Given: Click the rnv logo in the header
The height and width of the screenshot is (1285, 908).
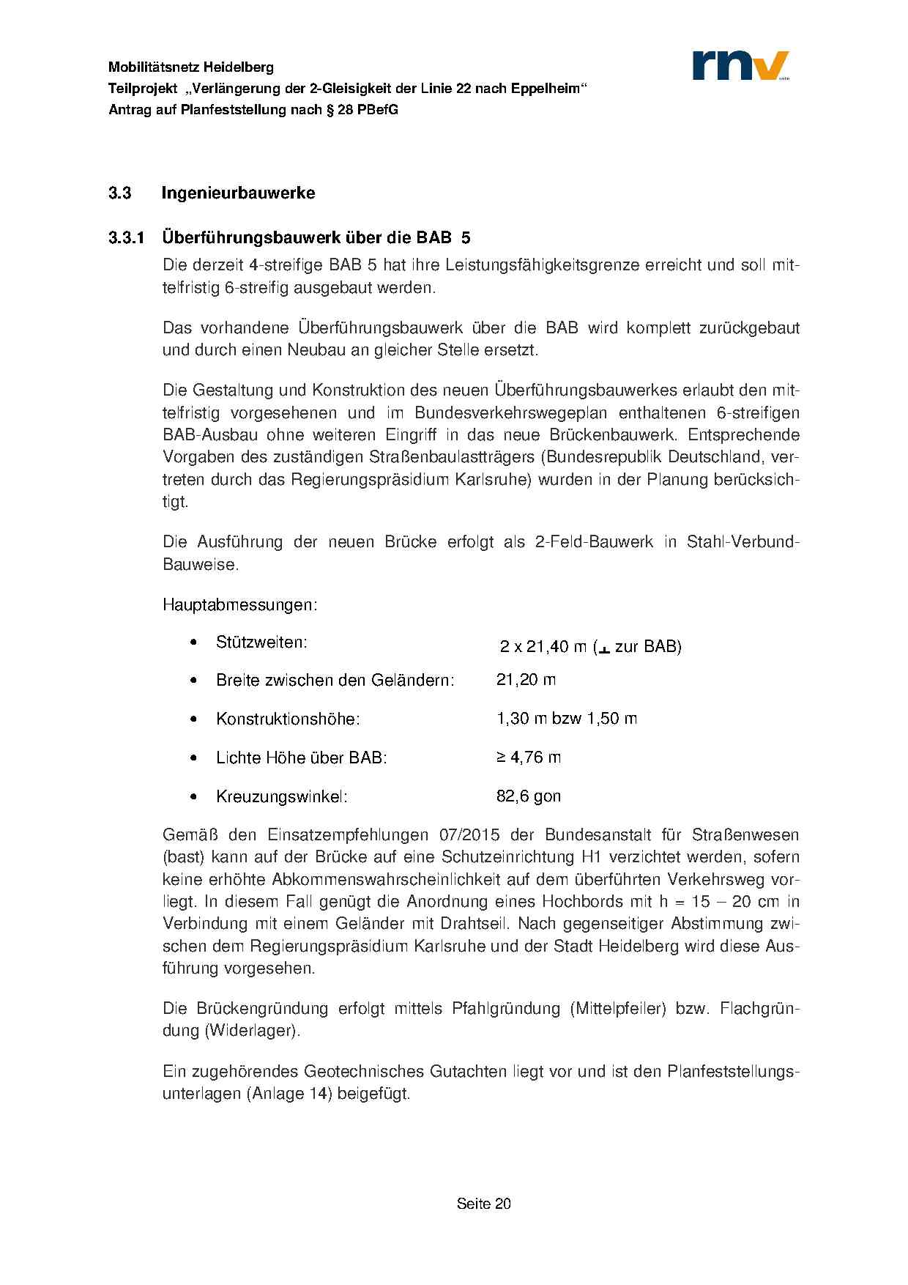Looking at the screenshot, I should tap(740, 65).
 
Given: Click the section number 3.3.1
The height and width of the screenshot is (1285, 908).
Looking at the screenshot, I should tap(128, 238).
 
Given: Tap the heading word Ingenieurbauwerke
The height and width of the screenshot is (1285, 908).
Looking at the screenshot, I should tap(238, 193).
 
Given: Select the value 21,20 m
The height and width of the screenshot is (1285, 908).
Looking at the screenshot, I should tap(526, 680).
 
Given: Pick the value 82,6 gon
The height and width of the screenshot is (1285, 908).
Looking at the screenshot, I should tap(528, 796).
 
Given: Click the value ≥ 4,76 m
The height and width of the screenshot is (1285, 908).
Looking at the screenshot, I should tap(528, 757).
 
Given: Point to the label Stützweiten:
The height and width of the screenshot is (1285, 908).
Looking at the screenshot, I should tap(261, 642).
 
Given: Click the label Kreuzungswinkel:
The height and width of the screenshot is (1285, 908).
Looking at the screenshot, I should tap(281, 796).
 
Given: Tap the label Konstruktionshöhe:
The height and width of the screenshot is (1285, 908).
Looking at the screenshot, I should tap(288, 719).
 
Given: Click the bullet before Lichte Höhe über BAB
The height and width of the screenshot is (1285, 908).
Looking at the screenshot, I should tap(193, 758).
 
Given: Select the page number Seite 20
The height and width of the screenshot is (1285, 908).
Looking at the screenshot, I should tap(483, 1203).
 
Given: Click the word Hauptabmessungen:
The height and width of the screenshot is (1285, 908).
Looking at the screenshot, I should tap(239, 606).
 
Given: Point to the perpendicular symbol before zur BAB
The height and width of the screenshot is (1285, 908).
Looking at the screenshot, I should tap(604, 648).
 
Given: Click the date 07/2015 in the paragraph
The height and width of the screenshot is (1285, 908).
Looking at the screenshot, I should tap(464, 834).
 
